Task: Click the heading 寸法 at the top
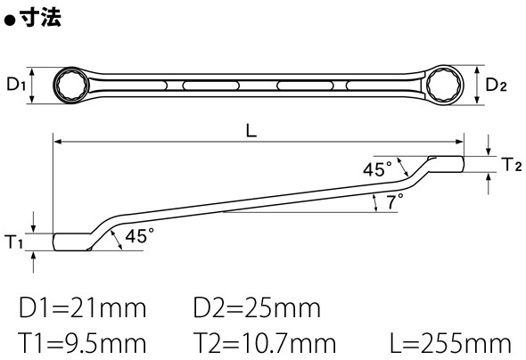click(40, 17)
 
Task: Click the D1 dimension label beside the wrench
click(16, 84)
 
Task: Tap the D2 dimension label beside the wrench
click(497, 85)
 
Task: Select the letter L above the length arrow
click(251, 130)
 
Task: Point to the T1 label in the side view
click(13, 241)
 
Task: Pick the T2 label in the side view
click(512, 164)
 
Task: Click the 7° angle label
click(394, 201)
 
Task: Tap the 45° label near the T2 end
click(377, 168)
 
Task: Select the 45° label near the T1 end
click(140, 235)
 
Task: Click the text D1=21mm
click(83, 308)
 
